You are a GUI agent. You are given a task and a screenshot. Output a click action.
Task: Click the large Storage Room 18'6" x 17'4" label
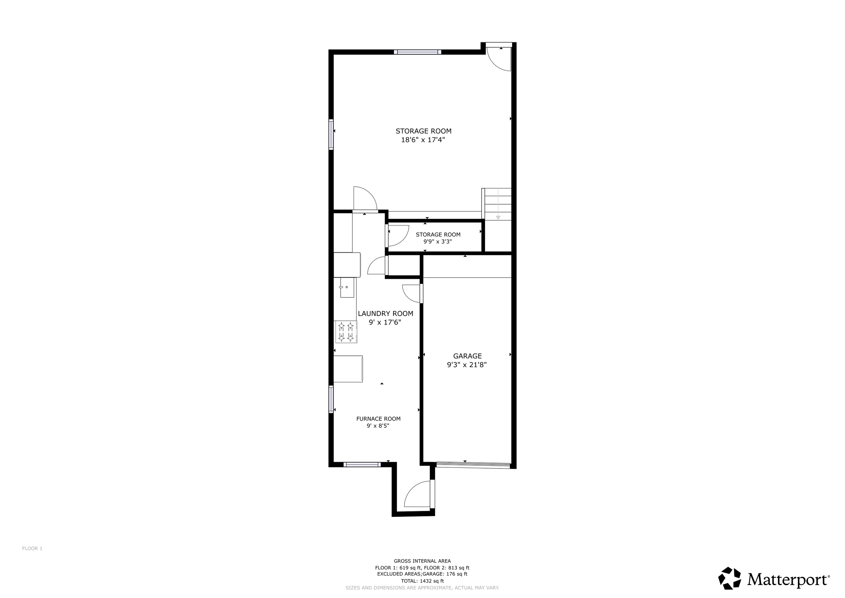tap(423, 135)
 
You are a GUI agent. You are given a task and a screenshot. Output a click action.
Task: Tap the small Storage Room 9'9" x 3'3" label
tap(438, 238)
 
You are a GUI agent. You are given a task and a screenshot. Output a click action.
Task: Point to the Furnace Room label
tap(378, 422)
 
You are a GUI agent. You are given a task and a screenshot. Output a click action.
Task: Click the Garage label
tap(467, 360)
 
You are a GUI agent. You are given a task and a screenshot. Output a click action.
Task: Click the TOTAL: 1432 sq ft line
tap(422, 581)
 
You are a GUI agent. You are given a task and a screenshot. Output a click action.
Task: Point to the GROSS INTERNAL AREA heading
tap(422, 561)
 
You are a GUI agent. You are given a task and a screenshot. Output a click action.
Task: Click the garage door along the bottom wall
tap(473, 465)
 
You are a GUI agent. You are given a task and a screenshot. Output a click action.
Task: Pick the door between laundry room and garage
tap(413, 294)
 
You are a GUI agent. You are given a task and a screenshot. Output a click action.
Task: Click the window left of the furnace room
tap(331, 399)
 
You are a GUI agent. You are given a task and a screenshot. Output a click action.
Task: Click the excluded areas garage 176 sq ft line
tap(422, 574)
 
